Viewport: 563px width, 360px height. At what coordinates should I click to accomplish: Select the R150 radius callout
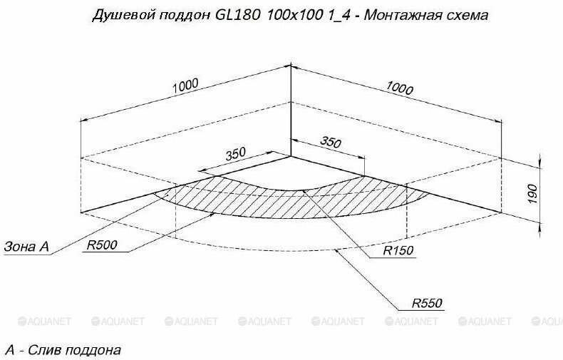click(397, 251)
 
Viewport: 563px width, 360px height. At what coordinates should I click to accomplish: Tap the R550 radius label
click(427, 303)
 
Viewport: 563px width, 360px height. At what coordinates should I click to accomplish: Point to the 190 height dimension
click(532, 191)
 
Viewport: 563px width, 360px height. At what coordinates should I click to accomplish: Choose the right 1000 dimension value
click(399, 88)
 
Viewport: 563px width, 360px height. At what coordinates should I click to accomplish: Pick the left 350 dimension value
click(235, 153)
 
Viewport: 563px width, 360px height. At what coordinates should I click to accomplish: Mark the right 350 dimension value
click(330, 143)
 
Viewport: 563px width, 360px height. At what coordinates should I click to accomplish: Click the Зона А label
click(26, 247)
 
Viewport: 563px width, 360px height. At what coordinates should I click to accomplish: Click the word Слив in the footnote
click(45, 350)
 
